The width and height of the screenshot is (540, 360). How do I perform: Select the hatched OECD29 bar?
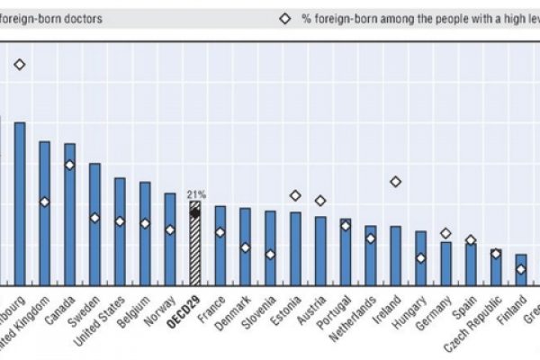[x=194, y=243]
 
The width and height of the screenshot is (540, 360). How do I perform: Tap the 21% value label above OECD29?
[x=195, y=193]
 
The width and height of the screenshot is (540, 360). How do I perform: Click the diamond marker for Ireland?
[x=395, y=182]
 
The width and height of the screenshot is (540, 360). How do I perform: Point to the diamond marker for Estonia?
[x=294, y=195]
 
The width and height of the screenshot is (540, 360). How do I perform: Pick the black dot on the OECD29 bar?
[x=194, y=213]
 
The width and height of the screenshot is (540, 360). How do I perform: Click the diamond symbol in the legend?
[x=284, y=19]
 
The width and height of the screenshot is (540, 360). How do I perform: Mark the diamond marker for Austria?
[x=319, y=201]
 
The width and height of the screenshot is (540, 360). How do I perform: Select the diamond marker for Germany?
[x=445, y=233]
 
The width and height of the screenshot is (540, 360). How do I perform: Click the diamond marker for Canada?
[x=69, y=165]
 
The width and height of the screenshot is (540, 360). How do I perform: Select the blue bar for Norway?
[x=169, y=238]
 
